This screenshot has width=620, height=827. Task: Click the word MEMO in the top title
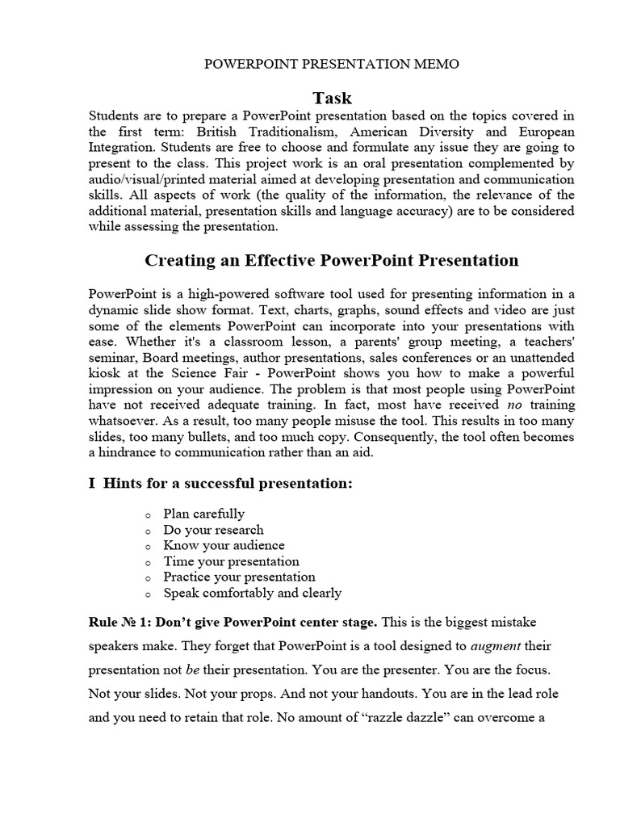tap(438, 65)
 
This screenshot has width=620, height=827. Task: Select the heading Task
tap(333, 98)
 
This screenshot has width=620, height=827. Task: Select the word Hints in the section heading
tap(125, 484)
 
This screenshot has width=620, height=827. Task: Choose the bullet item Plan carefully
tap(203, 514)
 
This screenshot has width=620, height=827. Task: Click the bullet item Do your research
tap(213, 530)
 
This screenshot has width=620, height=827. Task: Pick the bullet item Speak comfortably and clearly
tap(252, 593)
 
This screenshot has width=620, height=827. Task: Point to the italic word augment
tap(496, 647)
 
